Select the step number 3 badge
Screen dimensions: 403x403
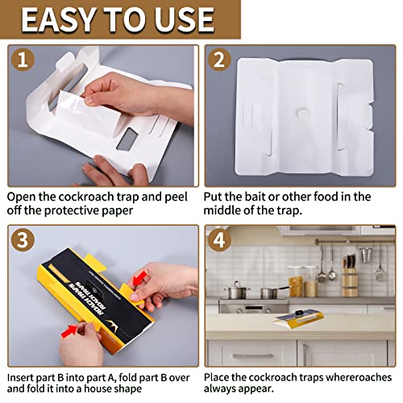pos(24,240)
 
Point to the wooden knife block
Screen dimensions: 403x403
pos(349,282)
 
